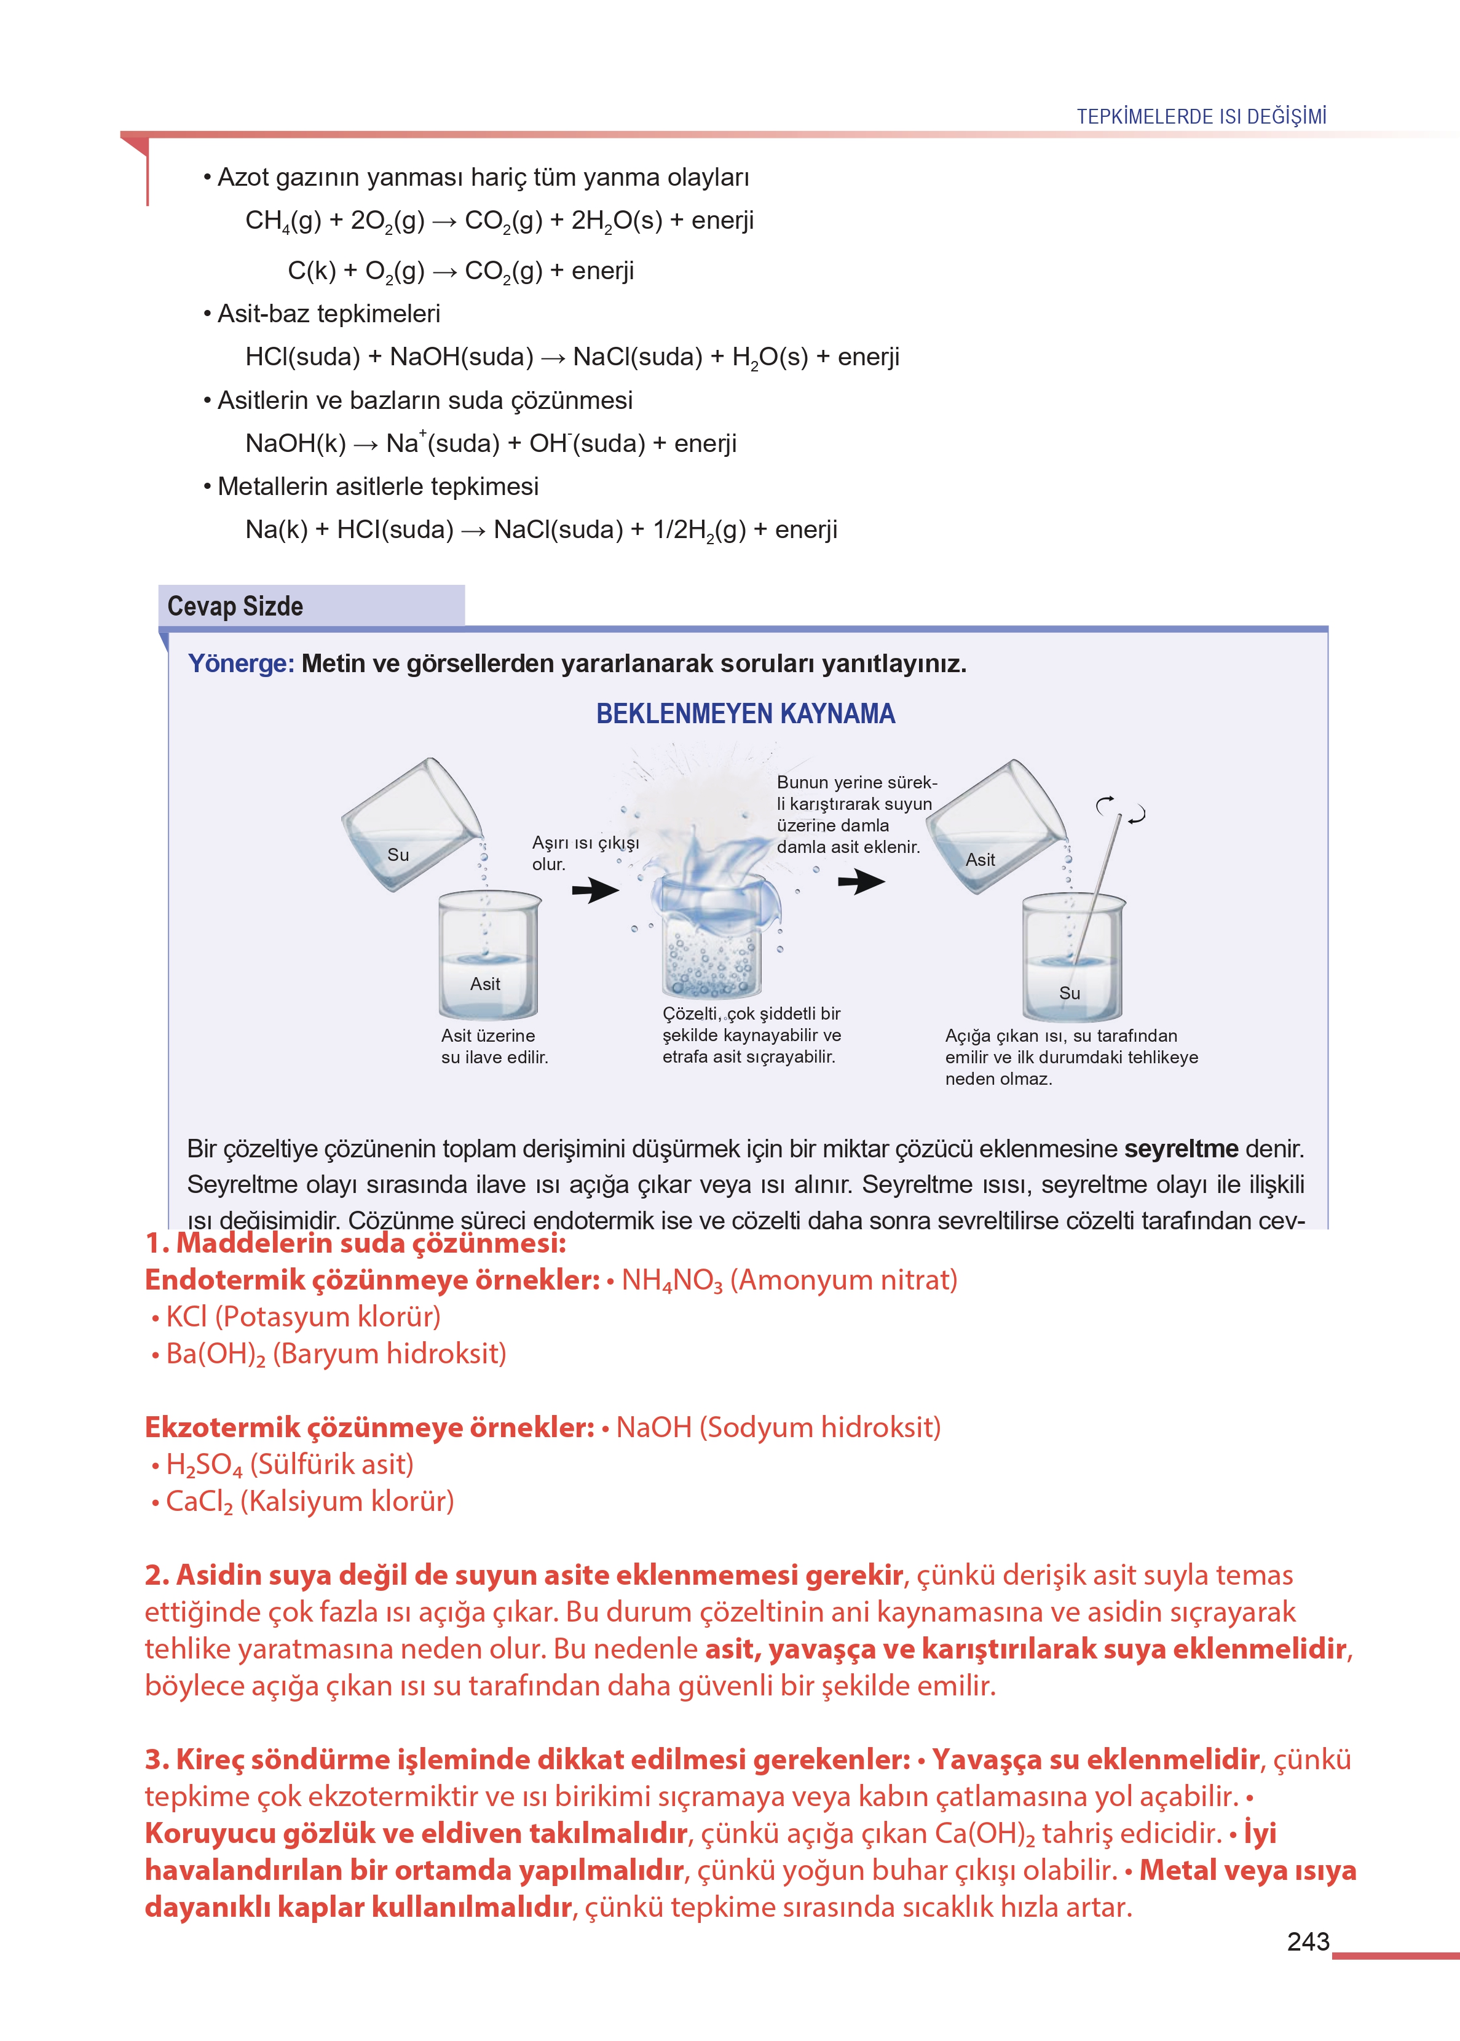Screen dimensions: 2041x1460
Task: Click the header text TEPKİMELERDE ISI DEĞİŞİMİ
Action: tap(1201, 116)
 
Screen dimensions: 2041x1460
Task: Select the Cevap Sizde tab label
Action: tap(235, 606)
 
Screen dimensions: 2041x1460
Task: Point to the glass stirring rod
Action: tap(1098, 890)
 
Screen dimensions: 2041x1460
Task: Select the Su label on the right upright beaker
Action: tap(1069, 993)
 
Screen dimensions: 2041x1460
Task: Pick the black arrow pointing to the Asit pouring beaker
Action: tap(861, 882)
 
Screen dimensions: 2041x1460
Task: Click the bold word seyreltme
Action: tap(1180, 1149)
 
